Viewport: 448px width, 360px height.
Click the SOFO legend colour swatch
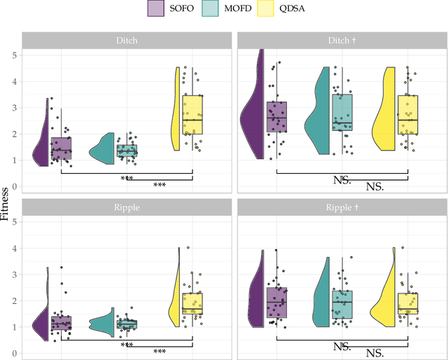156,8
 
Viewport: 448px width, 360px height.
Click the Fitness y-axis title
6,204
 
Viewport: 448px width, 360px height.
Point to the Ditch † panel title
341,41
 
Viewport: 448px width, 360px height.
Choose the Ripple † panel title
341,207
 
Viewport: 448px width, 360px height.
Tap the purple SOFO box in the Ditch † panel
277,118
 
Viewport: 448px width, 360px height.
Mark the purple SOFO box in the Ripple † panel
277,303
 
